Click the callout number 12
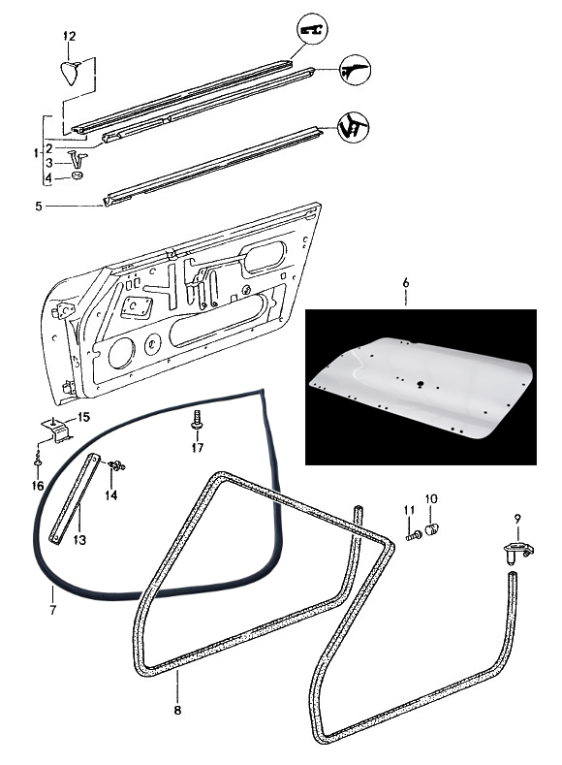(70, 36)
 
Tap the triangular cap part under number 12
(71, 72)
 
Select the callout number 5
(39, 207)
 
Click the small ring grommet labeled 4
(77, 175)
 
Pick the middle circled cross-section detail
(356, 70)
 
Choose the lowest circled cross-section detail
(354, 127)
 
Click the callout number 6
(406, 282)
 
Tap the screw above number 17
(197, 420)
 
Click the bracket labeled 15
(56, 429)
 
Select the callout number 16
(38, 486)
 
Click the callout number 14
(111, 495)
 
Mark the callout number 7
(52, 609)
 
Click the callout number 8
(177, 710)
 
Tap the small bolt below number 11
(414, 535)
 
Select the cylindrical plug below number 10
(431, 528)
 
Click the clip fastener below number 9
(517, 552)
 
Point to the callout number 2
(49, 148)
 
